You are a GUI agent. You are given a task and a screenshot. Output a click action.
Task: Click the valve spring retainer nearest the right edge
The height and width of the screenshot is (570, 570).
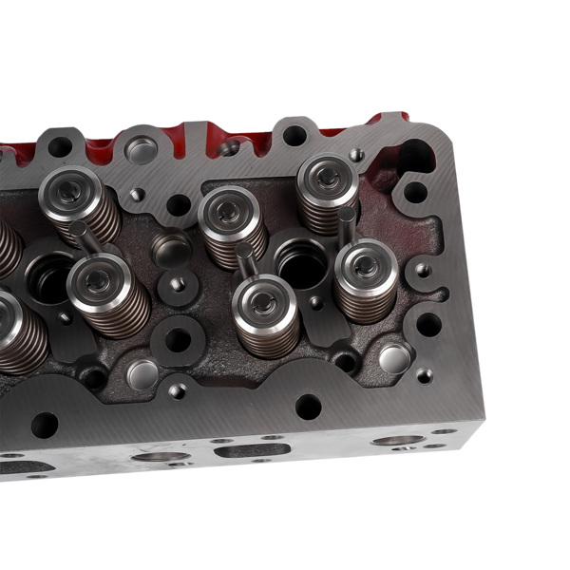click(366, 265)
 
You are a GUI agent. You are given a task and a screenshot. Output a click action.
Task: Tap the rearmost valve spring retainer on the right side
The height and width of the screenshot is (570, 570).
click(327, 177)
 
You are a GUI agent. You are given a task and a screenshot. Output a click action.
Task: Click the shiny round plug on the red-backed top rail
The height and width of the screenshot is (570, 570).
click(142, 149)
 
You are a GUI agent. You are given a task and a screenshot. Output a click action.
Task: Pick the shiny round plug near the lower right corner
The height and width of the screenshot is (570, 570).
click(394, 357)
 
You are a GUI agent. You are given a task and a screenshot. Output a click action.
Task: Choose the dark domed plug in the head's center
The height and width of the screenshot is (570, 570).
click(172, 249)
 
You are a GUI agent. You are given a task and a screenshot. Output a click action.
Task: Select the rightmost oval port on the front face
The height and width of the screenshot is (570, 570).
click(397, 441)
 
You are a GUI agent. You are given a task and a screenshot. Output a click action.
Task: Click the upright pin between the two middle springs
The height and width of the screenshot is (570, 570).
click(245, 257)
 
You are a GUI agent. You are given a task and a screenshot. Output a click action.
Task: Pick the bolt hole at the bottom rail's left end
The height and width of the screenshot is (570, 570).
click(45, 424)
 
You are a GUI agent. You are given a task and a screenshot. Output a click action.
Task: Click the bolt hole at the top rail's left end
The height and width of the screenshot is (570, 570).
click(60, 147)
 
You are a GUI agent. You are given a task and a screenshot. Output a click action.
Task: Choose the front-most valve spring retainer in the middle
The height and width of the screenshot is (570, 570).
click(266, 303)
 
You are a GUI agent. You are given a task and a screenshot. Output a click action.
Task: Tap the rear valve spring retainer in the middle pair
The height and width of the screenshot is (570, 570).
click(228, 213)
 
